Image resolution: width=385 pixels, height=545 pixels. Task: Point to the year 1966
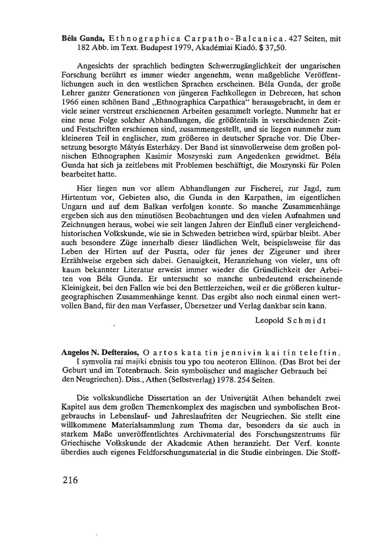[x=70, y=102]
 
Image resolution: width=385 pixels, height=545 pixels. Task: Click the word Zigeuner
[x=281, y=252]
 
